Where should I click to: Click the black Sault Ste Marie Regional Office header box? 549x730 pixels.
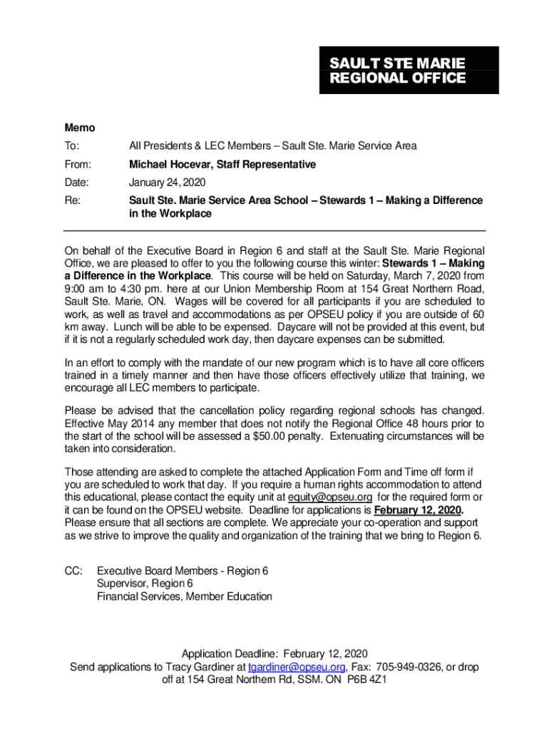[x=409, y=70]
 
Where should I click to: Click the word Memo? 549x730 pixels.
[x=79, y=128]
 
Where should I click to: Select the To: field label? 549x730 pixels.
[x=72, y=146]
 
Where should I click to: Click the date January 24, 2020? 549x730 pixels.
[x=166, y=182]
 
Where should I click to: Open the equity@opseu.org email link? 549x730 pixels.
[x=329, y=497]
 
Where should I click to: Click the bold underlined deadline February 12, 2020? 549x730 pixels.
[x=418, y=510]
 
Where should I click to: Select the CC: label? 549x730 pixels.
[x=73, y=571]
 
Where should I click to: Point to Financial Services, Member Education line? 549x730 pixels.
[x=184, y=597]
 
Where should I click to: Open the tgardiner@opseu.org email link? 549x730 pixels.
[x=297, y=667]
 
